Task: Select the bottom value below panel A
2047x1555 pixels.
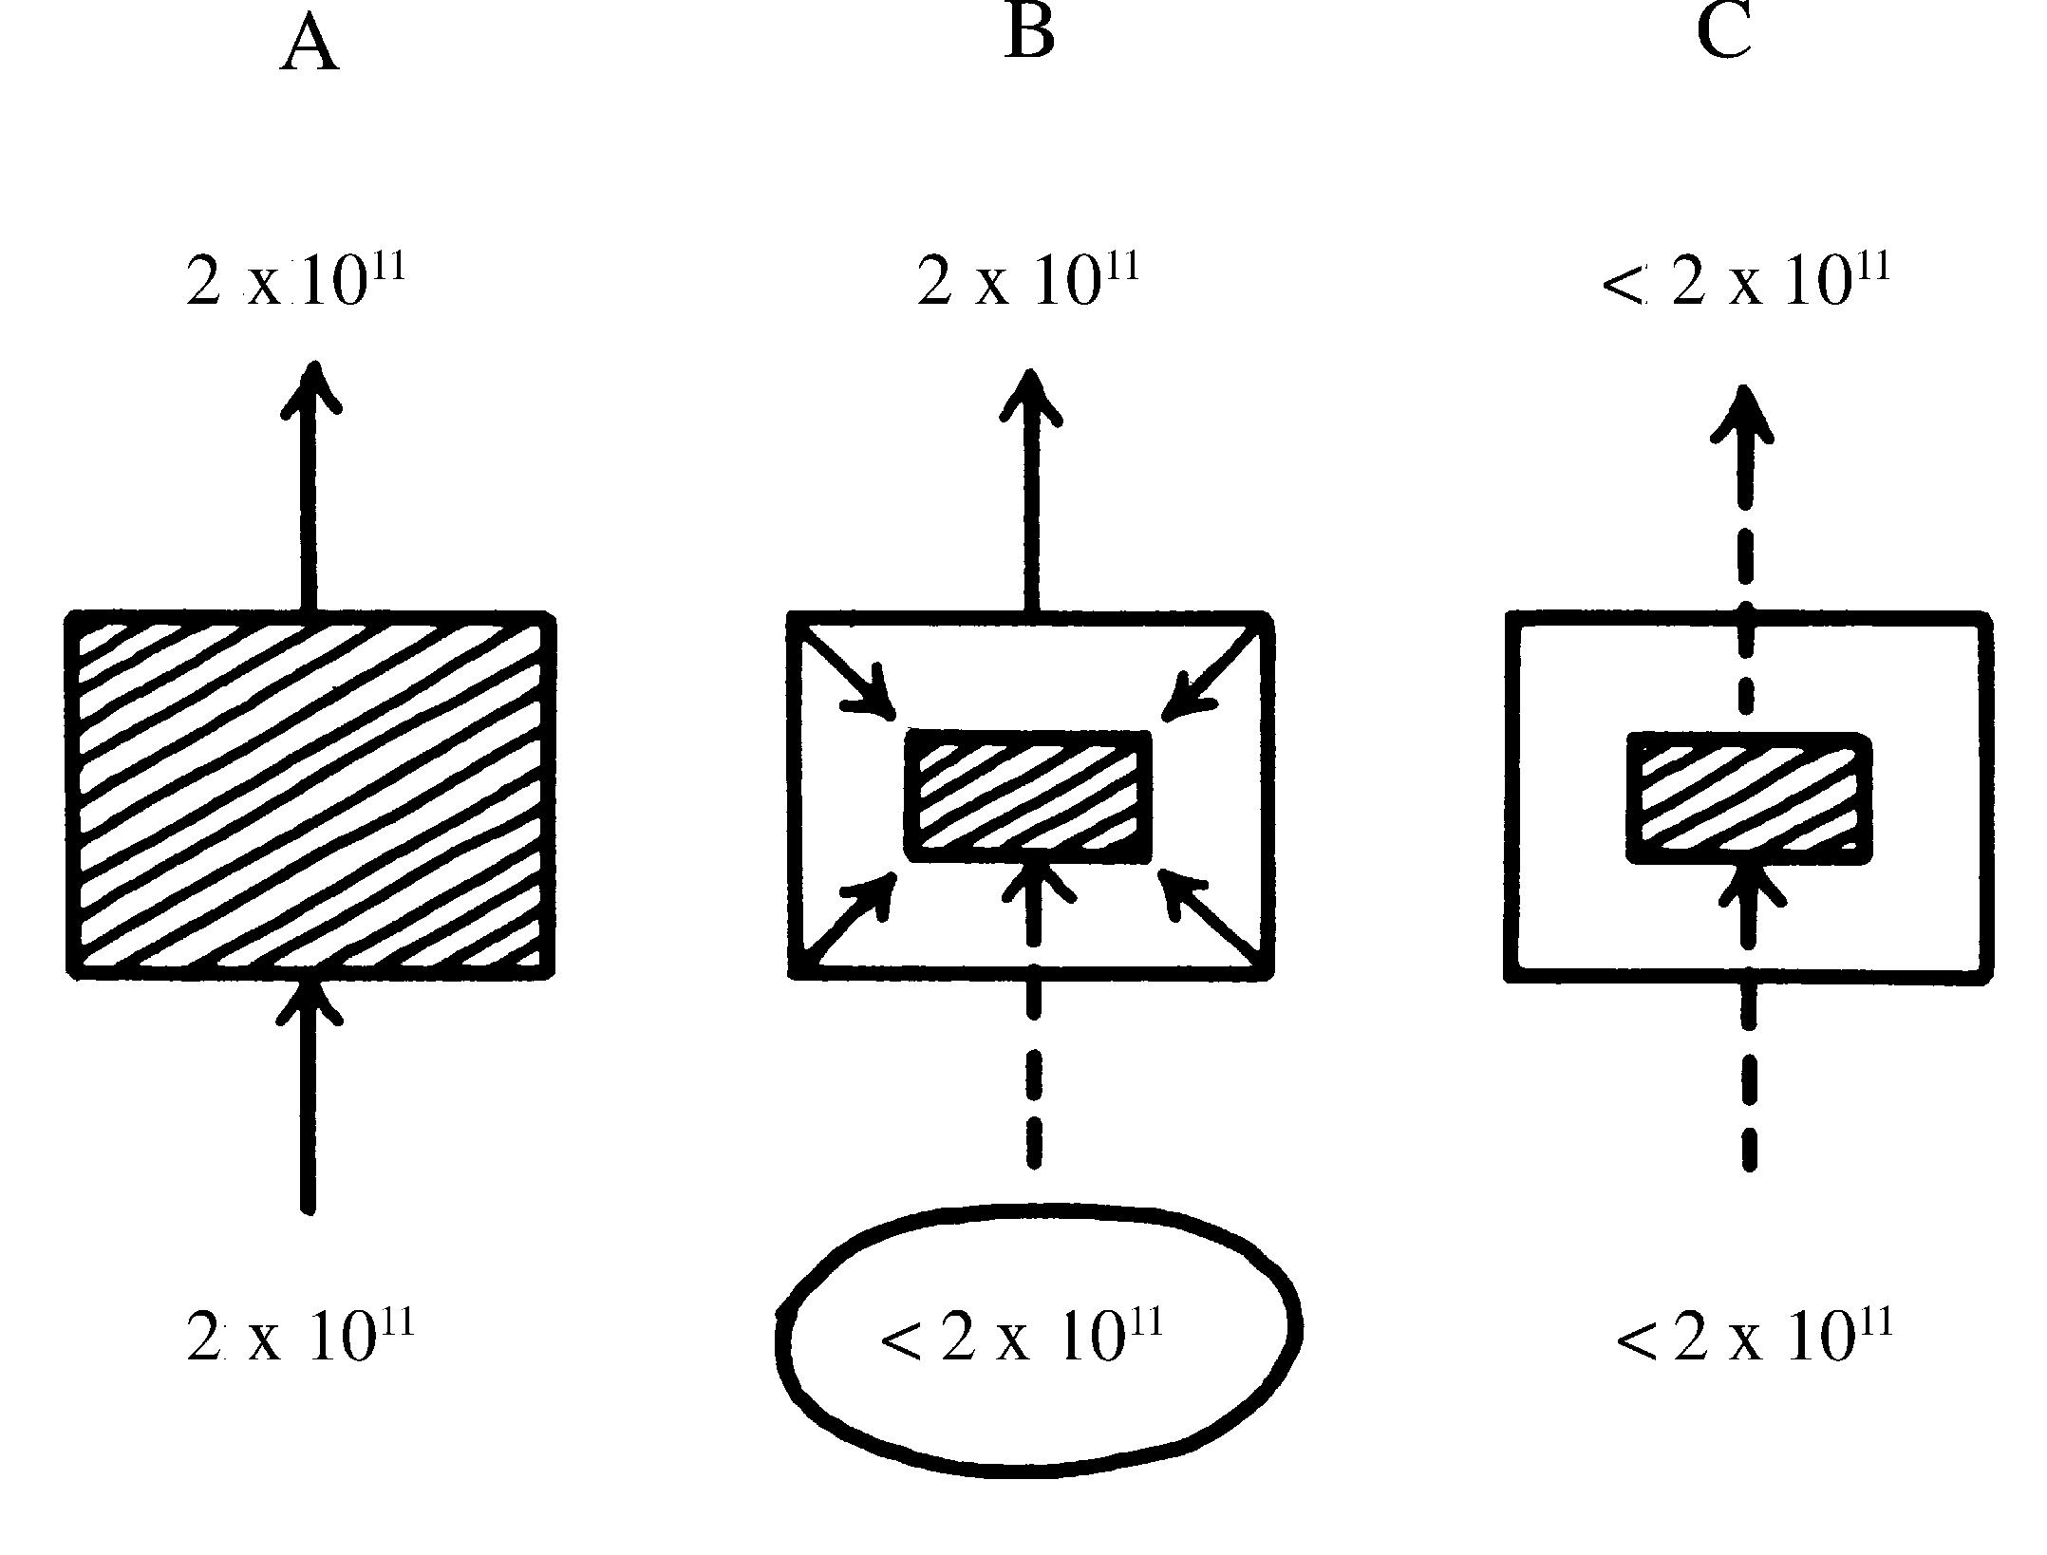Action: click(x=300, y=1336)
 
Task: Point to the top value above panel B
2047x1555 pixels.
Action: click(x=1027, y=279)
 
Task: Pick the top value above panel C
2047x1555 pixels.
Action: click(x=1745, y=279)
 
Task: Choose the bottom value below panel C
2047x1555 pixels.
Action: click(x=1754, y=1336)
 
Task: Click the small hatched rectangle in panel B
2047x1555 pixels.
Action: click(x=1029, y=796)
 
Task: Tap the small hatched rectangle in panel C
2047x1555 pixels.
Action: click(x=1749, y=797)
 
